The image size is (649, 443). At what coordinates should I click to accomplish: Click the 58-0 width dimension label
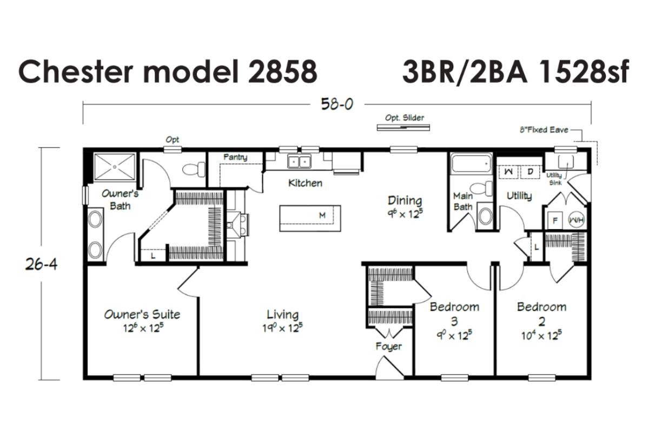point(337,104)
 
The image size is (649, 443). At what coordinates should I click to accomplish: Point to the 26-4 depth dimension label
point(42,264)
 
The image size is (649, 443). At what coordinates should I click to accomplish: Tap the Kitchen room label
point(306,183)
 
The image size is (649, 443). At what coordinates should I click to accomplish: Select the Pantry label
point(235,157)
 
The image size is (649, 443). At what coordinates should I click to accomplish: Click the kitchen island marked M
point(310,218)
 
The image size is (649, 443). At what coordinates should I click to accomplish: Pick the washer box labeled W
point(508,172)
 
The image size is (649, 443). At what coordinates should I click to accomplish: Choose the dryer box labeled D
point(530,172)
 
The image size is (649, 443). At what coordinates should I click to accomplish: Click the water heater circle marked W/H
point(577,220)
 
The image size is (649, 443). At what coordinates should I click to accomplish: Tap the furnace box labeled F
point(555,221)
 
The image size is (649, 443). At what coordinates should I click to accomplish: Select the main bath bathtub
point(472,164)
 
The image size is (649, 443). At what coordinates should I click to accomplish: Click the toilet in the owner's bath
point(194,169)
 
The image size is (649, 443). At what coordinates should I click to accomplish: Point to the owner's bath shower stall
point(115,167)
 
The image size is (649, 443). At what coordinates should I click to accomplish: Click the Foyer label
point(388,346)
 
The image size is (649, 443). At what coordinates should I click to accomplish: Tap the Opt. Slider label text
point(405,118)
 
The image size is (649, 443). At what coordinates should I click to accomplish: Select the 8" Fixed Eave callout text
point(544,129)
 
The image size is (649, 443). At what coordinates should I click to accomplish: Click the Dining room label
point(405,200)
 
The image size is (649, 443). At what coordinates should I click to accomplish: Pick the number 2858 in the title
point(282,71)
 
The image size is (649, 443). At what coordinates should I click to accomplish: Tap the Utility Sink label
point(554,179)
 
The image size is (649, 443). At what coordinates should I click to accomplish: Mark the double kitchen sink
point(299,161)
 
